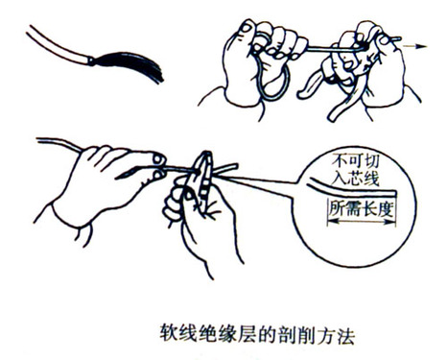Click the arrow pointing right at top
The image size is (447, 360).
[414, 46]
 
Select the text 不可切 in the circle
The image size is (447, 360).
[355, 160]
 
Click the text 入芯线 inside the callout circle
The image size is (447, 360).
[355, 178]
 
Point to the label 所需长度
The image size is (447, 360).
[361, 208]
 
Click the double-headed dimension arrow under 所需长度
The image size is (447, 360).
[362, 222]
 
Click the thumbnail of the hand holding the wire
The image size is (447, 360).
[159, 158]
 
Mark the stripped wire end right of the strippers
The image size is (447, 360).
[225, 169]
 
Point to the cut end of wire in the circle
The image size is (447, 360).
[395, 193]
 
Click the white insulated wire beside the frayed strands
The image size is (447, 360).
[58, 45]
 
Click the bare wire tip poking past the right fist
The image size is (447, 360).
[395, 39]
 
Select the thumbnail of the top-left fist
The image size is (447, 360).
[247, 28]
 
